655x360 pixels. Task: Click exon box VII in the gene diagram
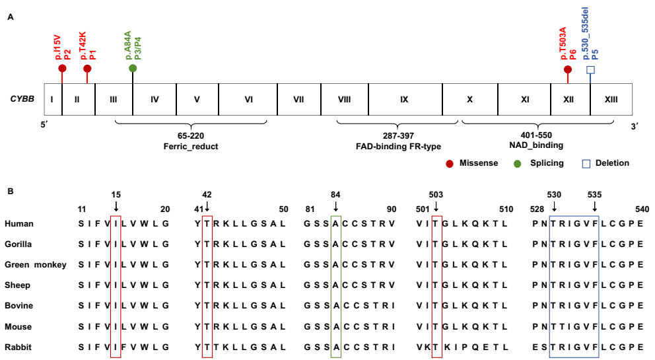coord(298,100)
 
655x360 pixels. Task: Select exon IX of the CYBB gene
coord(404,100)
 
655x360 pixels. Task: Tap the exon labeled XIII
coord(611,100)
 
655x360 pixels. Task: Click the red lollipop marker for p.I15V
coord(62,69)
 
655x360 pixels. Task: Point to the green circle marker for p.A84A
coord(133,69)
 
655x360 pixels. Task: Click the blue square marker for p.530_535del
coord(591,69)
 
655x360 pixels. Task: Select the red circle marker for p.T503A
coord(568,69)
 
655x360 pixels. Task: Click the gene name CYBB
coord(22,100)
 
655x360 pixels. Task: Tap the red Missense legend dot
coord(450,163)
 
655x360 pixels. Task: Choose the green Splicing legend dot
coord(518,163)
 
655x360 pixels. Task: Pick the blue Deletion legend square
coord(582,163)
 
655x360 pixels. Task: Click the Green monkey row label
coord(35,265)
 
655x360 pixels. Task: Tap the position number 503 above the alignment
coord(435,195)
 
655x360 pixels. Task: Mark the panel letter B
coord(10,192)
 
